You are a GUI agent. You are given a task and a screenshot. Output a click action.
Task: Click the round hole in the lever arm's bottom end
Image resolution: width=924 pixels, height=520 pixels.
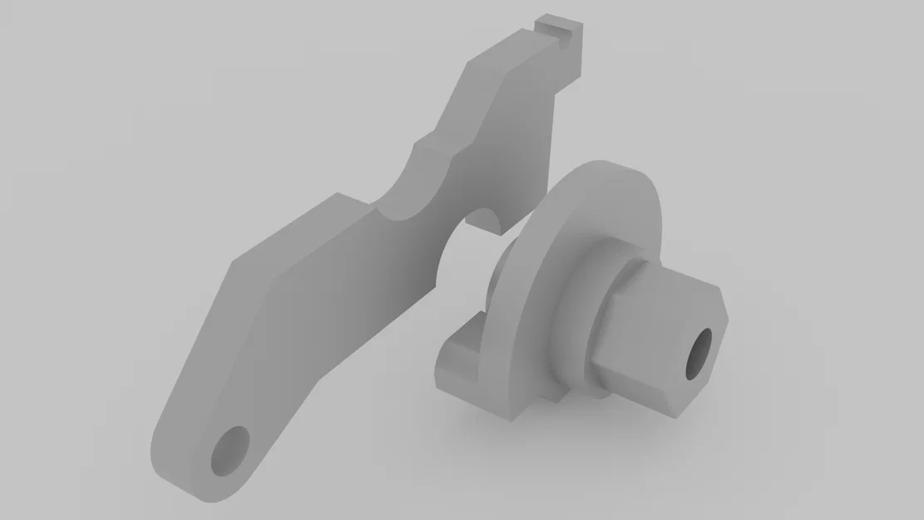coord(230,451)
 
